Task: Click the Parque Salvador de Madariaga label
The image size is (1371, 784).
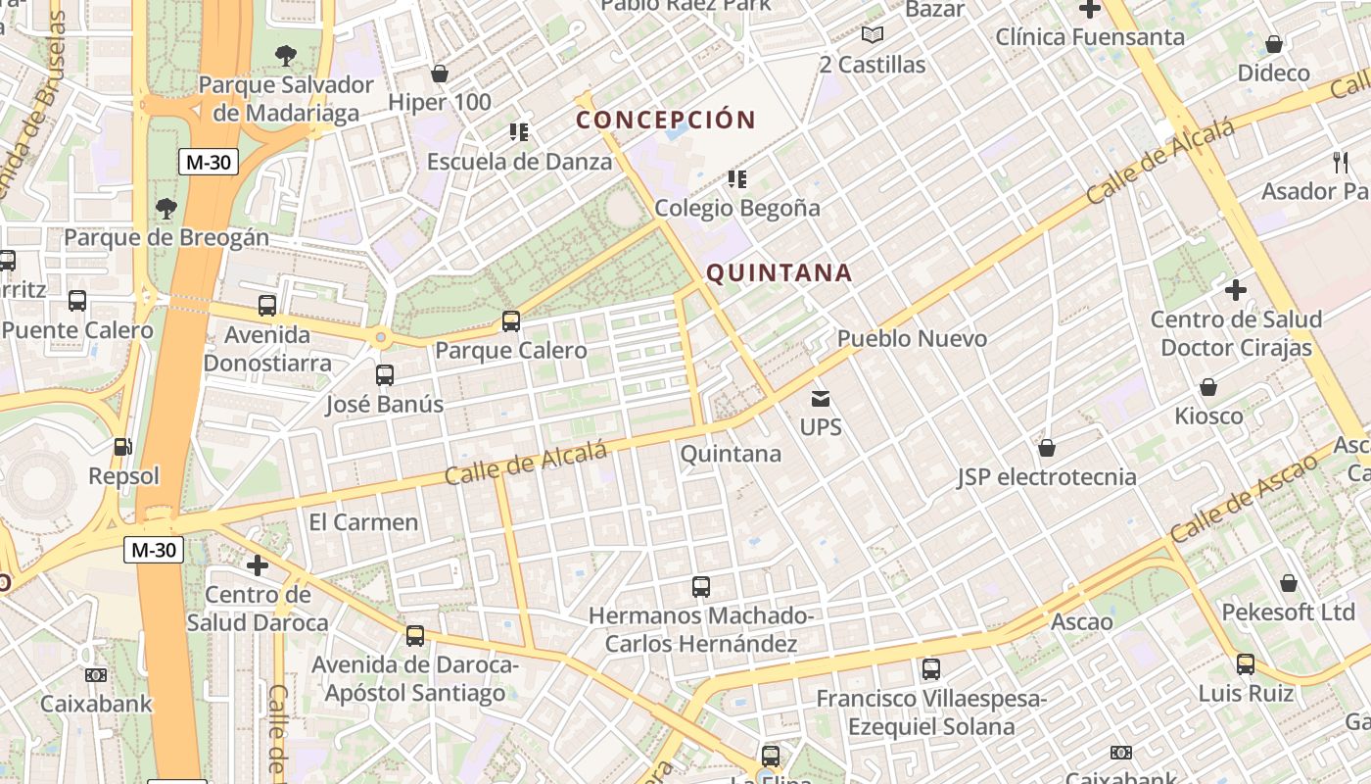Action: click(286, 98)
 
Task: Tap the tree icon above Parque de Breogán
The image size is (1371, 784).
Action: click(166, 208)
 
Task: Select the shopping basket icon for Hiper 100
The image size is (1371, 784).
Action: click(440, 73)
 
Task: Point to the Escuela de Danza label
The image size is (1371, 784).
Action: click(519, 161)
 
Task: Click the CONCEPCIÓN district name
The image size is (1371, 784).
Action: click(666, 121)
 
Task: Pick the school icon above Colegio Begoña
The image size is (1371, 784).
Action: click(737, 179)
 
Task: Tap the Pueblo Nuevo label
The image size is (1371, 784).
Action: click(912, 338)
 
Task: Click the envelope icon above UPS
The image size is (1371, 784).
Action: click(821, 399)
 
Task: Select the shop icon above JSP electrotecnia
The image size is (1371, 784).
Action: click(1047, 448)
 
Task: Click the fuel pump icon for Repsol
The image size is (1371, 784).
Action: click(122, 447)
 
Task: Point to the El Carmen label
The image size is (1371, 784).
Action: click(363, 521)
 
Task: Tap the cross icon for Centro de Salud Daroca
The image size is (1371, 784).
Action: click(258, 565)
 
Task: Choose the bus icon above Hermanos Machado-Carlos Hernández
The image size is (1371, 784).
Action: click(701, 587)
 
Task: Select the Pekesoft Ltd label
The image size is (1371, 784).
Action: click(1288, 612)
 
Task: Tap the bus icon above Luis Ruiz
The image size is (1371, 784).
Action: click(1246, 664)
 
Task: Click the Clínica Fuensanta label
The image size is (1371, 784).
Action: click(1090, 37)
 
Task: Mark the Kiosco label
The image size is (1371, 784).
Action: click(1208, 416)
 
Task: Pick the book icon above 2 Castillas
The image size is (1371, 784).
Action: click(873, 35)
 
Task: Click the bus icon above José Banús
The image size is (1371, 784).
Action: click(385, 375)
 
